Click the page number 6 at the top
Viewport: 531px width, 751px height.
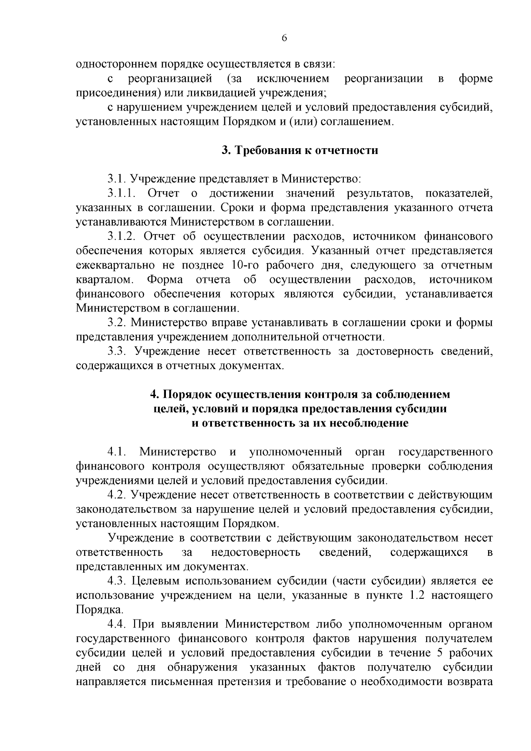tap(285, 39)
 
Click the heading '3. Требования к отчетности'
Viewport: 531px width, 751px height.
tap(300, 150)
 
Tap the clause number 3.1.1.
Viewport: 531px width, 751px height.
tap(123, 193)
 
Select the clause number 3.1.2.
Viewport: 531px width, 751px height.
tap(123, 236)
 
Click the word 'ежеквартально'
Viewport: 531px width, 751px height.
tap(115, 266)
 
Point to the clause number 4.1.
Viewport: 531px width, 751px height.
tap(117, 452)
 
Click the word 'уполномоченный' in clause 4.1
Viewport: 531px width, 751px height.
tap(296, 452)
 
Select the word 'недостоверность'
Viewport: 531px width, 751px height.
tap(256, 552)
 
